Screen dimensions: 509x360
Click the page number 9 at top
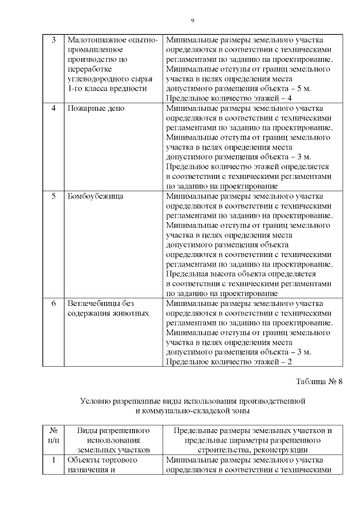192,21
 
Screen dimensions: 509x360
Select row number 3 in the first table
53,40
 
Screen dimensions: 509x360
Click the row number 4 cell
53,108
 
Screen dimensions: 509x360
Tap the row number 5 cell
53,197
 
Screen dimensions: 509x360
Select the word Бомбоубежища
95,197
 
